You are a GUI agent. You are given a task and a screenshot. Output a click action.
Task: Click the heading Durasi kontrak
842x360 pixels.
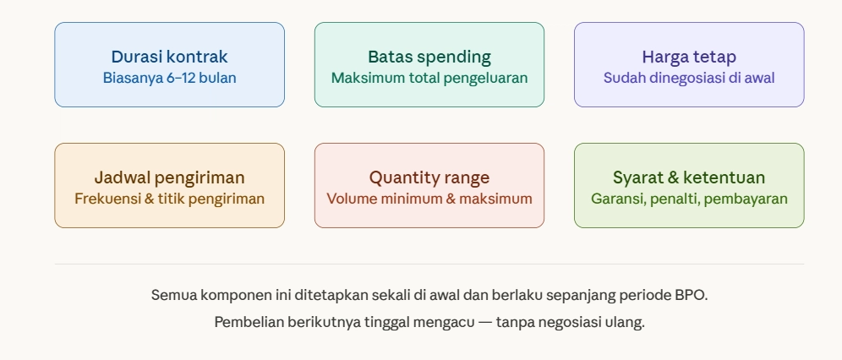coord(169,57)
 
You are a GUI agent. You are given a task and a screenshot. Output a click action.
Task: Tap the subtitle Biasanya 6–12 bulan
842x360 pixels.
coord(169,79)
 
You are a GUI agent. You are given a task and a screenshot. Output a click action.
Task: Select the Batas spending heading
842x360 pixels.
coord(429,57)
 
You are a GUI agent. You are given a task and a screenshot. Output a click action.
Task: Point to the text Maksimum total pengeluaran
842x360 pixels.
coord(429,79)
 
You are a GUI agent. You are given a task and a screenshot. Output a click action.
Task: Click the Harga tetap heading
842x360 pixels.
coord(689,57)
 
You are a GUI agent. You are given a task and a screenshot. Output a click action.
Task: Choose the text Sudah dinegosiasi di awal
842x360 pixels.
coord(689,79)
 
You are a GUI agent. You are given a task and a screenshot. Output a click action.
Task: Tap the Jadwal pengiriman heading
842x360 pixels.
coord(169,178)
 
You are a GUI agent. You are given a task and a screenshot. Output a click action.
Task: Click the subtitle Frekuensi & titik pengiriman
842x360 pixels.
coord(169,199)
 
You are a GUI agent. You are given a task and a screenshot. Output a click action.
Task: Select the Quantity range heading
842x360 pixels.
coord(429,178)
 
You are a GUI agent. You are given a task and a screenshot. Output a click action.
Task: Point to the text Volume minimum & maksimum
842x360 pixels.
coord(429,199)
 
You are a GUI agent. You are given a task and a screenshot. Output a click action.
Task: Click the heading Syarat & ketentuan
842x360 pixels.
coord(689,178)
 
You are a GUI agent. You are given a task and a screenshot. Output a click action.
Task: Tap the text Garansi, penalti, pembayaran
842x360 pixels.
coord(689,199)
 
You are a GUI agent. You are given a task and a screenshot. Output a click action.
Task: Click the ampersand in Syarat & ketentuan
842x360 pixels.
coord(673,178)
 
